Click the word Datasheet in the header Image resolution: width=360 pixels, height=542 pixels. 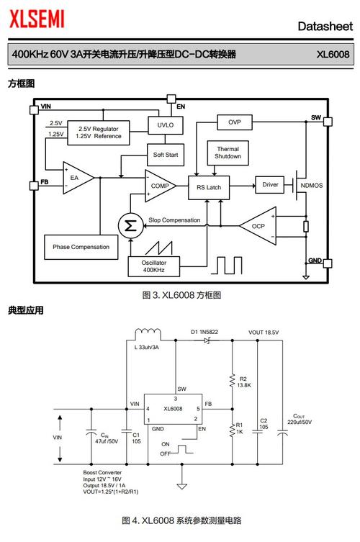325,27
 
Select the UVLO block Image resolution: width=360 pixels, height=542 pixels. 165,125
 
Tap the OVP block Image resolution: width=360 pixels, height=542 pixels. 235,122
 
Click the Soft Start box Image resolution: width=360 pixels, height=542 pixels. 166,155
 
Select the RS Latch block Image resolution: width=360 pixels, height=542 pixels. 209,186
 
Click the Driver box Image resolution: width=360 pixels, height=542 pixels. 270,185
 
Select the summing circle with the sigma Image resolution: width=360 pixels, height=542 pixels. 130,225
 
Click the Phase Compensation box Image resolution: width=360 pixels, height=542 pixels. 81,247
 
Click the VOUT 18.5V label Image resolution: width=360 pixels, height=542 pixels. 264,332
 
